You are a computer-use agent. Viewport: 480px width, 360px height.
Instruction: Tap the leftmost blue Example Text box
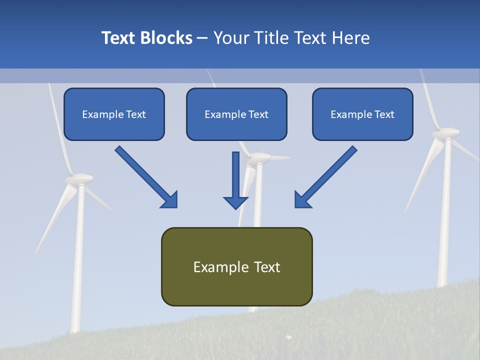coord(114,114)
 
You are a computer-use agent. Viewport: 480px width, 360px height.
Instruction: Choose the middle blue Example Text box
coord(236,114)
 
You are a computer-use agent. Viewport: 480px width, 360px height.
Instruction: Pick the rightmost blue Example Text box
coord(362,114)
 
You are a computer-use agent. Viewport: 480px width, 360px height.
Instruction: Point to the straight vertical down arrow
coord(235,175)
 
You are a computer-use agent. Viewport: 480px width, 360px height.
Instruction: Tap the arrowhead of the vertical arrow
coord(235,202)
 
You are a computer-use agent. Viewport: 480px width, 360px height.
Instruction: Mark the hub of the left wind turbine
coord(80,178)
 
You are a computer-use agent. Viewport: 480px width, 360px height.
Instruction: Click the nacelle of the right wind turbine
coord(445,132)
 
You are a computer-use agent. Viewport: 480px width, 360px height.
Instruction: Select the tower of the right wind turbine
coord(444,225)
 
